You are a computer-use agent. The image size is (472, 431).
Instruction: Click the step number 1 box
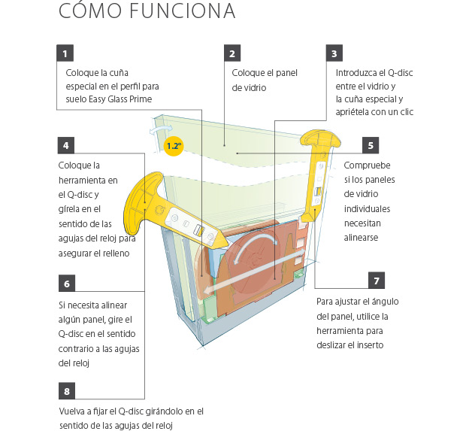[65, 53]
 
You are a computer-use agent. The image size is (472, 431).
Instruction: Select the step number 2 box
[233, 53]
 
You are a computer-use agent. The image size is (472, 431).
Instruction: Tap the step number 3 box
[335, 53]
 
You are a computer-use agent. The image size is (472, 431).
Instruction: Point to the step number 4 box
[65, 144]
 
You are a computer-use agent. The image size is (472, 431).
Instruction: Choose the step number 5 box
[371, 144]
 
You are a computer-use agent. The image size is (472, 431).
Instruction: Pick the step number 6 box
[65, 284]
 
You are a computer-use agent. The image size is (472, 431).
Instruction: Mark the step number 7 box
[378, 281]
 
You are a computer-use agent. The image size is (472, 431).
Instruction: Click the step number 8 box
[65, 391]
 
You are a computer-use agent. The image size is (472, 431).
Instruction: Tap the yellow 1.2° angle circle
[174, 146]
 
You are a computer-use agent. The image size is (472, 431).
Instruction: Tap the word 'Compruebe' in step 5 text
[368, 165]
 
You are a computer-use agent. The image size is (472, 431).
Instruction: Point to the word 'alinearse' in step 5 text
[362, 238]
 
